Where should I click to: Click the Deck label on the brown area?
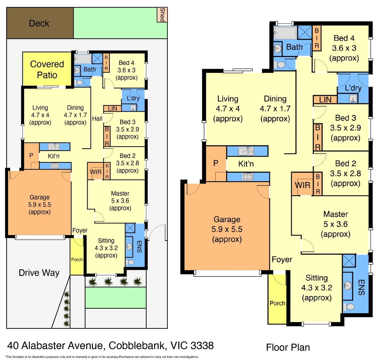(39, 23)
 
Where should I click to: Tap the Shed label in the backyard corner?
(162, 15)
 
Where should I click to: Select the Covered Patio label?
(47, 69)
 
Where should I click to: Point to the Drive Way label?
(39, 273)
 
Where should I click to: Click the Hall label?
(97, 119)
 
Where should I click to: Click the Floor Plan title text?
(288, 347)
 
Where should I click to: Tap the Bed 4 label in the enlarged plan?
(344, 38)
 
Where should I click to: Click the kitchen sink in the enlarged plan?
(246, 151)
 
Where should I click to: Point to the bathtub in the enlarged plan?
(285, 33)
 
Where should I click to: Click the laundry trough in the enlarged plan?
(353, 98)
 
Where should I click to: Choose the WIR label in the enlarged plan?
(302, 185)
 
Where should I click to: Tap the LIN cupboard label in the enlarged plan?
(325, 100)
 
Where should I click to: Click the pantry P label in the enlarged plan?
(216, 163)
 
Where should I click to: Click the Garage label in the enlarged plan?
(227, 219)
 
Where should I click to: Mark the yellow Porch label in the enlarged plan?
(277, 303)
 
